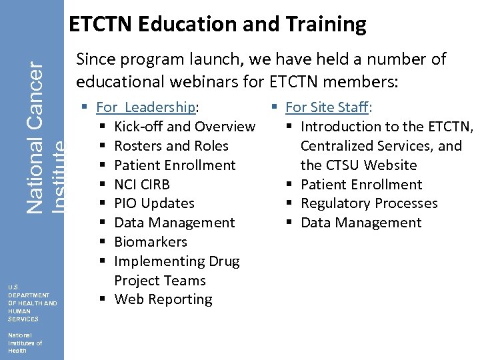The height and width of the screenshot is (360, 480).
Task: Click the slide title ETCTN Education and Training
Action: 217,25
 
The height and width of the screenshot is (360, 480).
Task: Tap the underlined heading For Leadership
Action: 147,107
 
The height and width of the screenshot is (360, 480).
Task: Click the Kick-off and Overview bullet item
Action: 185,127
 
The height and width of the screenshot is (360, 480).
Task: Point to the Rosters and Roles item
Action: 171,146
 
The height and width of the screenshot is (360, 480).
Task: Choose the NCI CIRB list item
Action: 142,185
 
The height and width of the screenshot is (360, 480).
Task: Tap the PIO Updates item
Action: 154,203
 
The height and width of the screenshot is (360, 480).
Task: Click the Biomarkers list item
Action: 151,242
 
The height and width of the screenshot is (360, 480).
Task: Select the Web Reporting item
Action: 163,300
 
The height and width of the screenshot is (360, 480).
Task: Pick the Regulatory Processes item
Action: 369,203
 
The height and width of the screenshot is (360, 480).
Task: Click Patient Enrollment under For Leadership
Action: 175,165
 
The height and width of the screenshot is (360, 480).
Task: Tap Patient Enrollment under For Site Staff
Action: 361,185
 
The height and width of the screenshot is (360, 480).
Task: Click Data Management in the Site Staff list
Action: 361,223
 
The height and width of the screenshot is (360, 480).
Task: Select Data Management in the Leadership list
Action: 175,223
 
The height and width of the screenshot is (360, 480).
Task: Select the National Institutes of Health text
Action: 25,343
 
